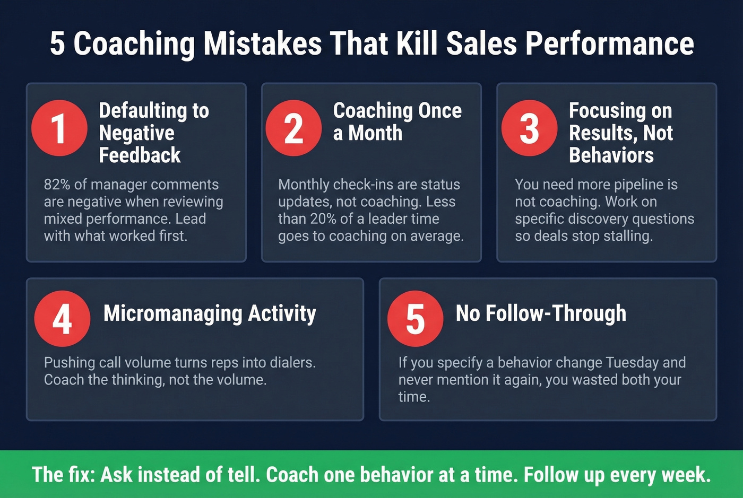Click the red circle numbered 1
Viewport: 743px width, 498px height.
[x=59, y=128]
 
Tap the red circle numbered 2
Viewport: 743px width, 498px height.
[x=293, y=128]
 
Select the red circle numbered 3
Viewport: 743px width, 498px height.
[x=529, y=128]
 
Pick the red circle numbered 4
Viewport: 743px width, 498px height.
[x=62, y=318]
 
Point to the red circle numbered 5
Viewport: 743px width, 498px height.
[x=415, y=318]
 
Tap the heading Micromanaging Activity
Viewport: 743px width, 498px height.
[x=210, y=313]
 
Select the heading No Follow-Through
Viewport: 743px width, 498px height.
[x=541, y=313]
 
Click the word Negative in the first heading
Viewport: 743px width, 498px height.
[x=136, y=133]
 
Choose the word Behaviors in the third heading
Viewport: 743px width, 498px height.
[x=611, y=155]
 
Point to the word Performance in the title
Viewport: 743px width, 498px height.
[x=609, y=43]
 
